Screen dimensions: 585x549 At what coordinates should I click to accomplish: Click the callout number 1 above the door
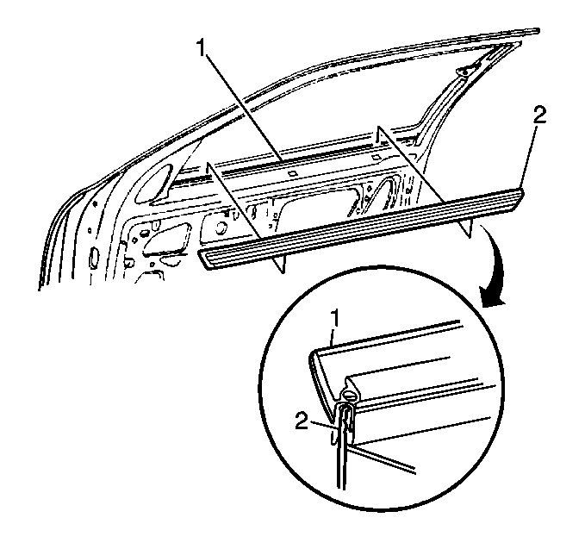[x=202, y=47]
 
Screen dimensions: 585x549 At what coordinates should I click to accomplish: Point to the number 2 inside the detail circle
[x=302, y=421]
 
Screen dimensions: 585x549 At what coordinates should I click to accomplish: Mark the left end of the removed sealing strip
[x=202, y=259]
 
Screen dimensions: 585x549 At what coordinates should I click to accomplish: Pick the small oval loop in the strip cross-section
[x=350, y=394]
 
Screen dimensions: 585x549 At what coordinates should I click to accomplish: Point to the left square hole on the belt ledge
[x=292, y=173]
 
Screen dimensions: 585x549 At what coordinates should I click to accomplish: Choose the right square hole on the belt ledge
[x=377, y=158]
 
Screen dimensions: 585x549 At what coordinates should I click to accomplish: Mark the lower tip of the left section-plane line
[x=284, y=273]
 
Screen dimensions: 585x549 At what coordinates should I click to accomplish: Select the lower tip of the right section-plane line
[x=470, y=237]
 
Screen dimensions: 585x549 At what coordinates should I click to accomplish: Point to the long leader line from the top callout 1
[x=243, y=106]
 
